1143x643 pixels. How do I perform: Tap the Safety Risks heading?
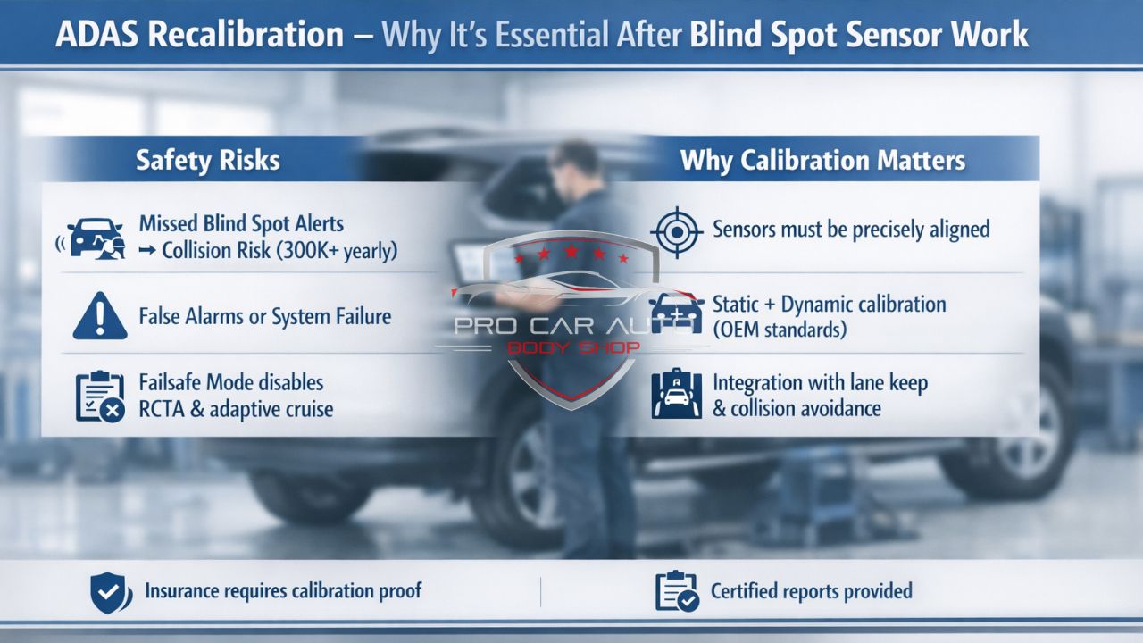click(x=207, y=160)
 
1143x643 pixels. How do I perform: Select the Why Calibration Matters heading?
click(x=822, y=160)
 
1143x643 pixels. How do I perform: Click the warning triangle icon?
click(x=100, y=315)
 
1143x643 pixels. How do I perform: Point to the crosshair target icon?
click(x=676, y=230)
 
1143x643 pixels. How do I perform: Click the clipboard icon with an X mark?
click(x=99, y=397)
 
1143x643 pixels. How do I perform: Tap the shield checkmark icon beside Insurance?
click(x=111, y=591)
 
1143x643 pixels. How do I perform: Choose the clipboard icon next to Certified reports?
click(x=676, y=591)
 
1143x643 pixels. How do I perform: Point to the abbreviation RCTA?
click(x=165, y=409)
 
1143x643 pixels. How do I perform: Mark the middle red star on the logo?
click(x=571, y=253)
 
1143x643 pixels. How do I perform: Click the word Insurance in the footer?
click(x=187, y=591)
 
